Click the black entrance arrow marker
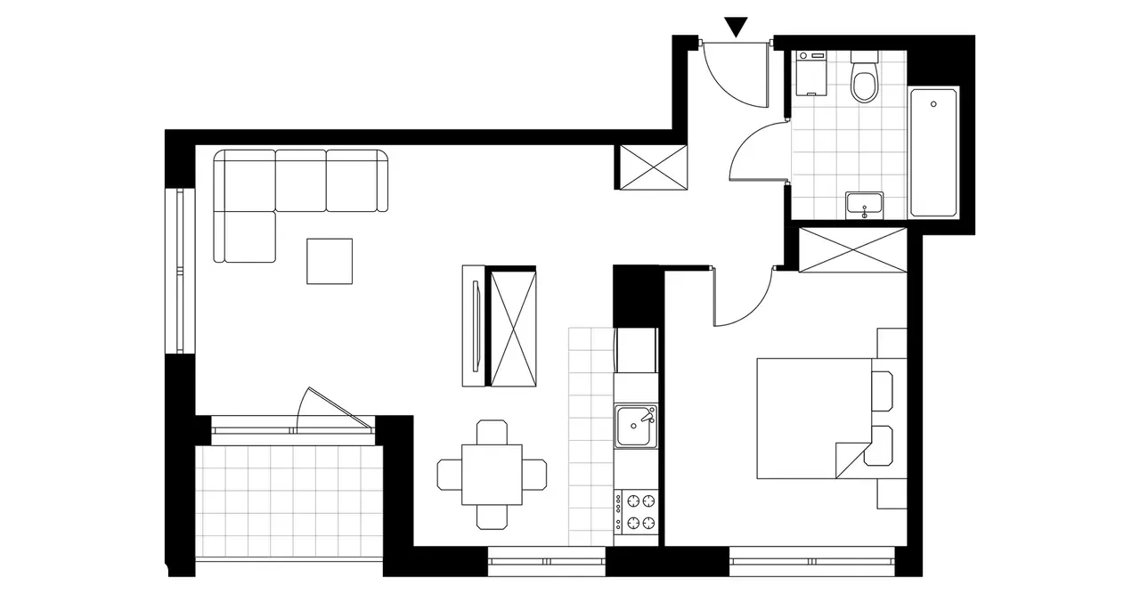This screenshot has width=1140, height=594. click(x=735, y=27)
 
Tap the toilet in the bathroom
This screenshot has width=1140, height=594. click(x=864, y=83)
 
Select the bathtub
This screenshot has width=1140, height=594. click(x=933, y=151)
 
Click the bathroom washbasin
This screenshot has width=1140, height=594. click(x=863, y=206)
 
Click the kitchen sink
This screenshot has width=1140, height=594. click(x=635, y=425)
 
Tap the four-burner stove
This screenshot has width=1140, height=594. click(x=635, y=511)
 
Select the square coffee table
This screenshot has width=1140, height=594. click(x=330, y=261)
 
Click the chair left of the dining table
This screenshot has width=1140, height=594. click(x=450, y=475)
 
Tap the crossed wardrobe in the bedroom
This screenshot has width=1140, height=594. click(x=852, y=249)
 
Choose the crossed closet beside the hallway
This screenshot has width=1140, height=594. click(x=652, y=167)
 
